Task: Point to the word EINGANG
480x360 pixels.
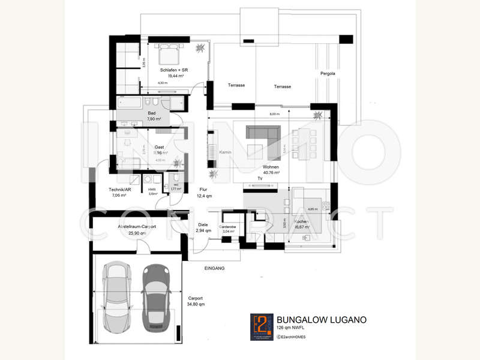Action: click(x=214, y=268)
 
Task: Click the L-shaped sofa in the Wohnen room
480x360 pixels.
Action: click(x=265, y=136)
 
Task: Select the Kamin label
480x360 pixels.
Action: click(x=225, y=152)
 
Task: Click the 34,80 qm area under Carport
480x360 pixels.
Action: click(x=195, y=304)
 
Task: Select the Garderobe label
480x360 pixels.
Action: click(x=229, y=227)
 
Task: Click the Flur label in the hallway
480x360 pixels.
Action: click(x=203, y=189)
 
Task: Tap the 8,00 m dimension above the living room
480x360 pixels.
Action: click(x=274, y=114)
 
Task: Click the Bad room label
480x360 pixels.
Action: click(x=152, y=112)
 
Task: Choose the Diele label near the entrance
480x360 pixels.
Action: click(x=202, y=224)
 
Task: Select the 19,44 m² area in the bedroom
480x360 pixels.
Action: click(x=176, y=76)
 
